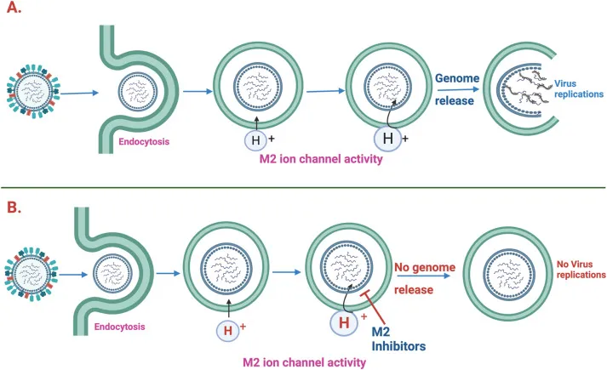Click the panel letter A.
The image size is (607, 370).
pyautogui.click(x=14, y=12)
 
